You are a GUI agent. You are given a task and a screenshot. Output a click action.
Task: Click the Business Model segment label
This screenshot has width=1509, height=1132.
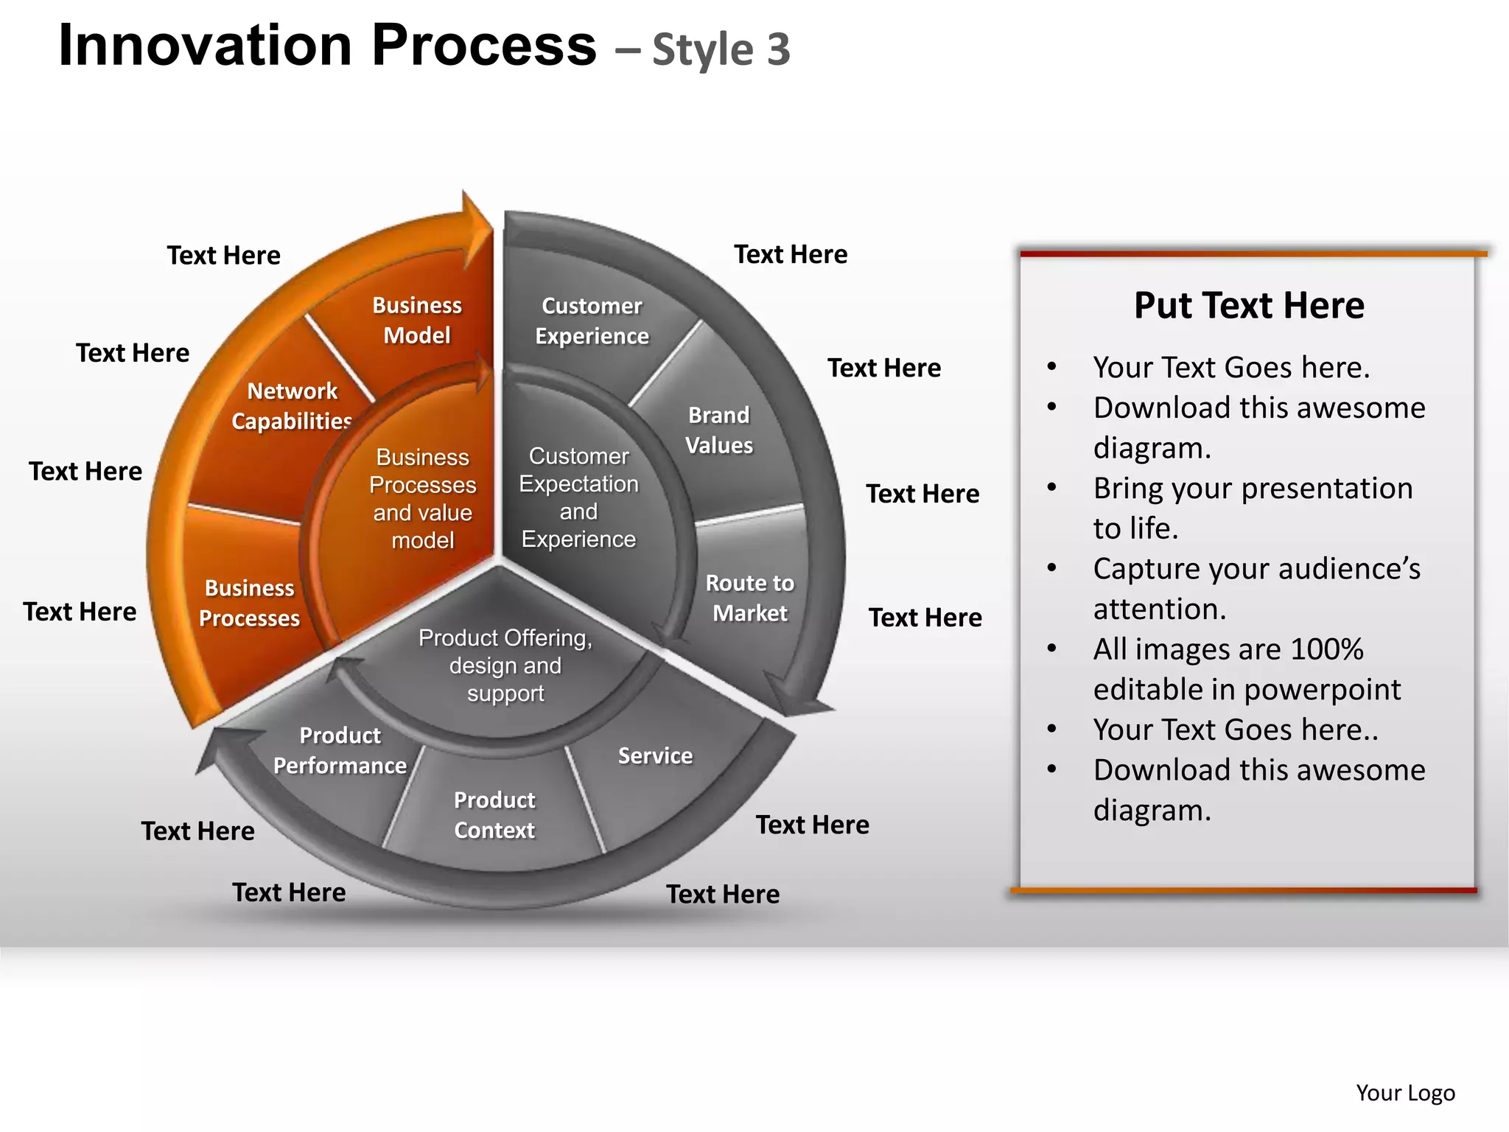pyautogui.click(x=416, y=320)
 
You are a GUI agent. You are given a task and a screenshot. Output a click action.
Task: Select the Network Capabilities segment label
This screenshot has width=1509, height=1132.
pyautogui.click(x=292, y=405)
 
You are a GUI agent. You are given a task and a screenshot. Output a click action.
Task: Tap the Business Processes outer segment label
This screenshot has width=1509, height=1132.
pyautogui.click(x=249, y=602)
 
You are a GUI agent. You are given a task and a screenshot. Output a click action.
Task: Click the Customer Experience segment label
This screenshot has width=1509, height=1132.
pyautogui.click(x=592, y=321)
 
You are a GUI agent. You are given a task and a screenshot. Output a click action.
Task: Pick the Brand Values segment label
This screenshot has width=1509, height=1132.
pyautogui.click(x=719, y=430)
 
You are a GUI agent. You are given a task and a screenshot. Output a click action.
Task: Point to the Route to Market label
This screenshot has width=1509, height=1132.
pyautogui.click(x=749, y=598)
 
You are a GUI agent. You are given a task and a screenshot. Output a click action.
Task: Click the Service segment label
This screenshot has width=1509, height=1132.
pyautogui.click(x=655, y=755)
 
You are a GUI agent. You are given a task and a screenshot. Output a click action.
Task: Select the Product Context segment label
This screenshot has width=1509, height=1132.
pyautogui.click(x=494, y=814)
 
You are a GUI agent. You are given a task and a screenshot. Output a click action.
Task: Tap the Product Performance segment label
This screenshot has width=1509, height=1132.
pyautogui.click(x=340, y=750)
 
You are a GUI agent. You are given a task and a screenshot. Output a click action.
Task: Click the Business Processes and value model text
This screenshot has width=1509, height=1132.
pyautogui.click(x=422, y=498)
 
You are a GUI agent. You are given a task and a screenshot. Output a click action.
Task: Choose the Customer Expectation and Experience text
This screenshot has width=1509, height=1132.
pyautogui.click(x=578, y=497)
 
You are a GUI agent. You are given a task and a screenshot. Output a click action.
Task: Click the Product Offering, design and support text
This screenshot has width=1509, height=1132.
pyautogui.click(x=505, y=665)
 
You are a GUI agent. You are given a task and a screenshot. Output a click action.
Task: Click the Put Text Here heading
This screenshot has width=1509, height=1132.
pyautogui.click(x=1249, y=305)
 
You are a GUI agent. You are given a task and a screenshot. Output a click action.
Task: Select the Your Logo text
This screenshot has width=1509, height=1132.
pyautogui.click(x=1405, y=1092)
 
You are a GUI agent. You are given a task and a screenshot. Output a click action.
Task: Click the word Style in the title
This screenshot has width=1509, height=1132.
pyautogui.click(x=703, y=50)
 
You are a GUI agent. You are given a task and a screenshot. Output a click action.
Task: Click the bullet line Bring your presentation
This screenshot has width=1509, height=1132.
pyautogui.click(x=1253, y=488)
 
